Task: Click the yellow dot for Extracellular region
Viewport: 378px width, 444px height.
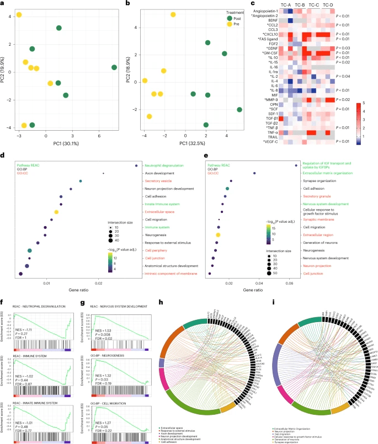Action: (x=218, y=235)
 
